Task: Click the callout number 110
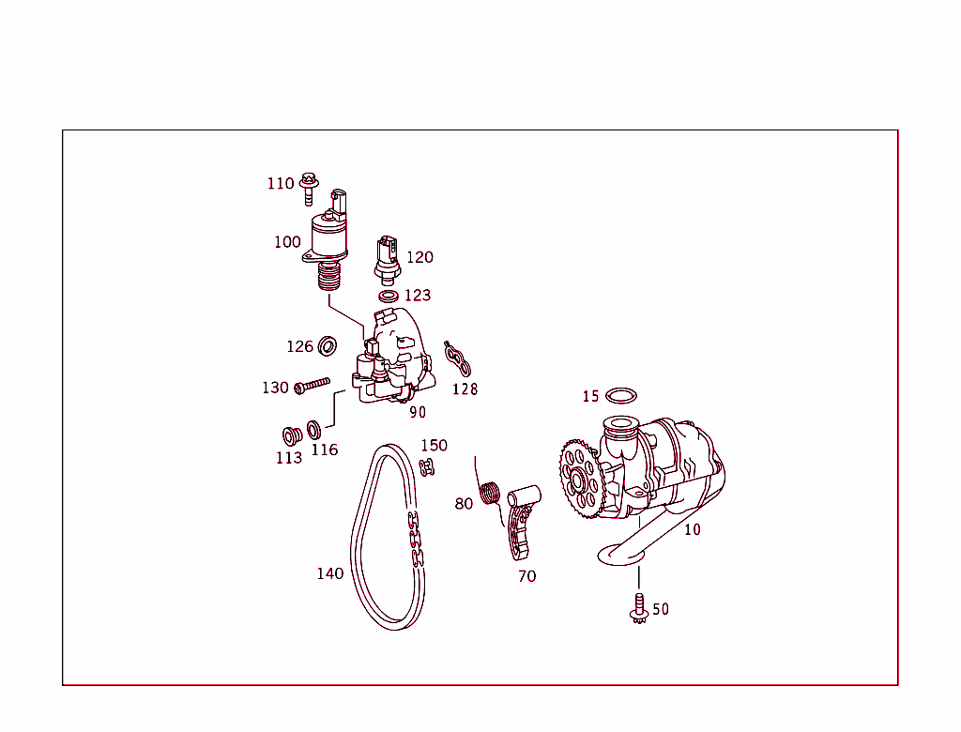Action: click(x=280, y=183)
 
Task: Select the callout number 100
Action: click(x=287, y=242)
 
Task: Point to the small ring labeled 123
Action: click(x=387, y=297)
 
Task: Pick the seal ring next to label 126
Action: click(x=328, y=346)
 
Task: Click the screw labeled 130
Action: click(x=313, y=386)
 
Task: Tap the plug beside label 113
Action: click(x=291, y=436)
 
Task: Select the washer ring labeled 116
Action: click(x=315, y=431)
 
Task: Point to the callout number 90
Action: click(x=417, y=412)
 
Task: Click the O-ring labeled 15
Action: click(x=620, y=395)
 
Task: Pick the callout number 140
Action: click(x=329, y=573)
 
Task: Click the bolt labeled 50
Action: click(x=639, y=607)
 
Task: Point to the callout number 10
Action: click(x=692, y=529)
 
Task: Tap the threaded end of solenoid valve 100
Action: click(x=328, y=278)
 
